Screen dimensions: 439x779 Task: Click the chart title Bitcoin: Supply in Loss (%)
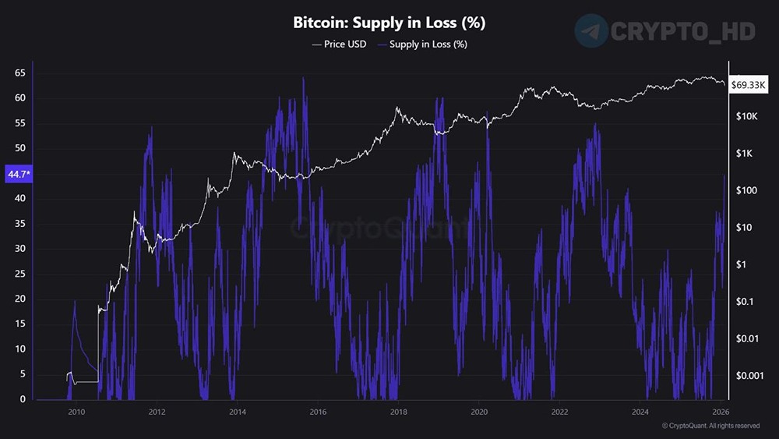389,23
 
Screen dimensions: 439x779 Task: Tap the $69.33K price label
749,86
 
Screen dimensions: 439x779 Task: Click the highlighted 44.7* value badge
17,173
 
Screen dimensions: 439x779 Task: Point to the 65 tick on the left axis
20,73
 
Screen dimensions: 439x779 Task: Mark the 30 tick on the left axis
20,249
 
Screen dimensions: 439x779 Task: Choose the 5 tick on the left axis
23,374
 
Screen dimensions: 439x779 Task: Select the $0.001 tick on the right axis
751,375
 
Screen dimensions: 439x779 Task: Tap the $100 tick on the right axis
746,190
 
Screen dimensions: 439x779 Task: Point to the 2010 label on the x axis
76,412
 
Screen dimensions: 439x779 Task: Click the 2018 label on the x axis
398,412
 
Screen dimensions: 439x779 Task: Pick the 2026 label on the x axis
721,412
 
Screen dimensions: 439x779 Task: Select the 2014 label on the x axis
237,412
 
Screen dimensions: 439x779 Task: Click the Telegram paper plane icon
591,30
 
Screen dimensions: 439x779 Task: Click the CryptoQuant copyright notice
710,426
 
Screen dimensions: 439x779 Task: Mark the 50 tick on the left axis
20,148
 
